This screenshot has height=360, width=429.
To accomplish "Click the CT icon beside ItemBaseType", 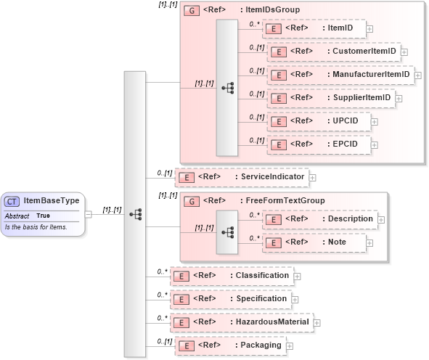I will pyautogui.click(x=12, y=201).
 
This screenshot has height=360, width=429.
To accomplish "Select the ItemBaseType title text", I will pyautogui.click(x=52, y=201).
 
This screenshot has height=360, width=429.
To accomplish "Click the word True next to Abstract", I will pyautogui.click(x=44, y=216).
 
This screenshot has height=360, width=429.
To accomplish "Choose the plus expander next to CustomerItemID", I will pyautogui.click(x=404, y=52).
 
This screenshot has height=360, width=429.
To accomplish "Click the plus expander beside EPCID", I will pyautogui.click(x=375, y=144).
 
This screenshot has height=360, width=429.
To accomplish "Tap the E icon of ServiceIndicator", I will pyautogui.click(x=186, y=176).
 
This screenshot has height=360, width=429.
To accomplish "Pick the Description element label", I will pyautogui.click(x=350, y=219).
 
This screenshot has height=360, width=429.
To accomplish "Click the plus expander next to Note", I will pyautogui.click(x=371, y=243).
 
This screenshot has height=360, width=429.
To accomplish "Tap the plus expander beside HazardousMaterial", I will pyautogui.click(x=317, y=322).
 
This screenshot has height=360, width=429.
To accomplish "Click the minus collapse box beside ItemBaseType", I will pyautogui.click(x=88, y=214).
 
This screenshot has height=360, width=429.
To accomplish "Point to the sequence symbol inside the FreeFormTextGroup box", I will pyautogui.click(x=227, y=232).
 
